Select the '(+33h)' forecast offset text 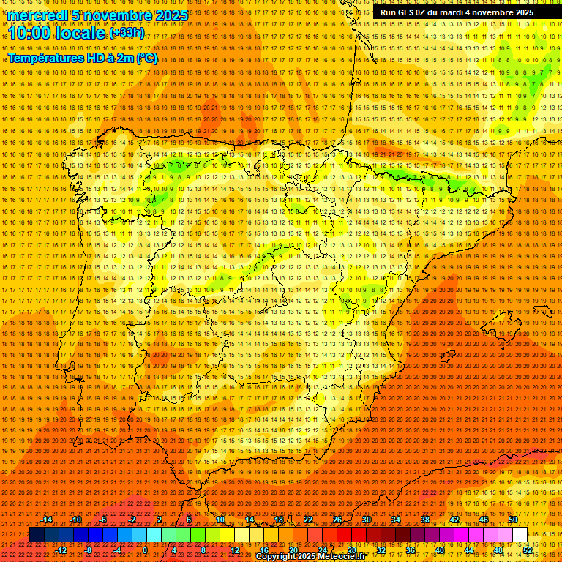tap(127, 33)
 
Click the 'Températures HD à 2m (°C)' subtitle tap(82, 58)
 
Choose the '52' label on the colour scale tap(527, 550)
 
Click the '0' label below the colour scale tap(145, 550)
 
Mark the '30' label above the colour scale tap(366, 520)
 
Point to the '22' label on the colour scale tap(308, 520)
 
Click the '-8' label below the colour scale tap(88, 550)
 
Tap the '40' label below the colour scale tap(439, 550)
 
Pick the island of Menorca tap(544, 310)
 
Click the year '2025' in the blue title tap(171, 15)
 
